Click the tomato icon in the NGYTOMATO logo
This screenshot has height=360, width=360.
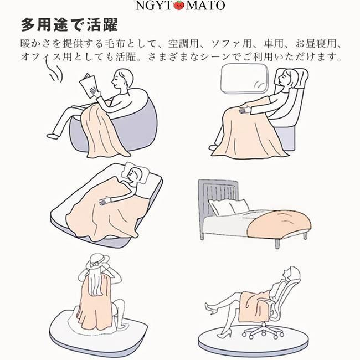[x=179, y=6]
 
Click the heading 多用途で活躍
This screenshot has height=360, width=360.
[x=69, y=25]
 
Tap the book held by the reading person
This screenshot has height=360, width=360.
[x=88, y=85]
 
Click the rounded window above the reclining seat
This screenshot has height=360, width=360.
[x=244, y=79]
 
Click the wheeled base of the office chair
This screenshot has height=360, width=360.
[x=263, y=332]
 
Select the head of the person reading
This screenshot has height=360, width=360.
[x=123, y=79]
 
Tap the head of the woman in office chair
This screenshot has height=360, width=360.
[x=292, y=274]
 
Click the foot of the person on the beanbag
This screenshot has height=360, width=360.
[x=53, y=136]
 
